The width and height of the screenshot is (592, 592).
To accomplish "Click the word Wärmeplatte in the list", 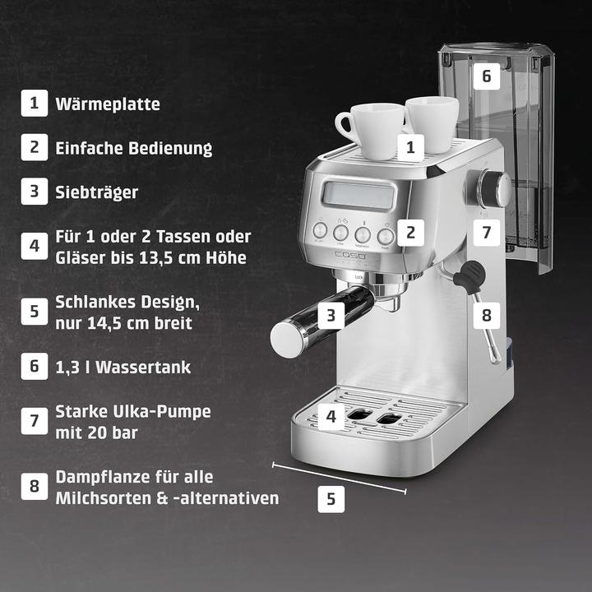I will click(108, 104).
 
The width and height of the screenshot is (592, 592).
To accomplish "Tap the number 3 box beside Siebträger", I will click(34, 192).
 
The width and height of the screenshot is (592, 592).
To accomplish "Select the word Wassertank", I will click(145, 367).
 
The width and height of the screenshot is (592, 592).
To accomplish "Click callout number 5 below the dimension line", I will click(331, 498).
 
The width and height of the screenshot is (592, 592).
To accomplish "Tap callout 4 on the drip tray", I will click(331, 417).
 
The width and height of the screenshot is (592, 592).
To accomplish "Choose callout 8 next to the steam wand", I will click(486, 313).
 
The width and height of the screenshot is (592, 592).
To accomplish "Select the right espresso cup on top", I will click(432, 123).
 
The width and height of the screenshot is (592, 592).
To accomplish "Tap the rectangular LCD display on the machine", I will click(358, 195).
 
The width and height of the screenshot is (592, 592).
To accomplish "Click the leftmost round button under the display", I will click(320, 232).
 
